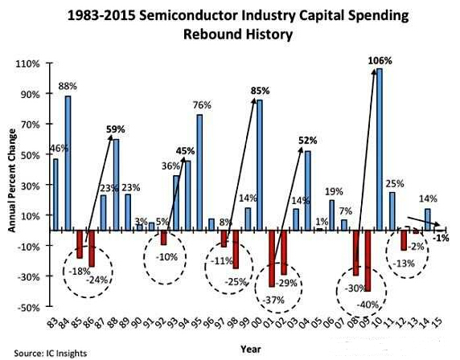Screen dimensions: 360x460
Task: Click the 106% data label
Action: (380, 60)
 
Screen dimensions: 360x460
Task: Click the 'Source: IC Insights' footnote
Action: (38, 352)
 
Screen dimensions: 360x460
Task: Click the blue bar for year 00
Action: (260, 165)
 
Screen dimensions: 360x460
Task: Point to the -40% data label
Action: (368, 304)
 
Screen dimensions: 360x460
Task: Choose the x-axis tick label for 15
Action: (435, 325)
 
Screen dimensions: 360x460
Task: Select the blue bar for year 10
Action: (380, 149)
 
